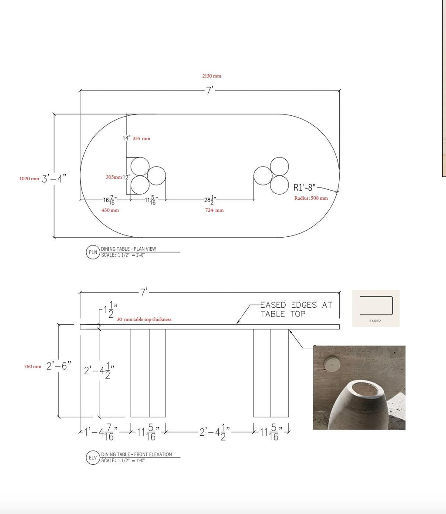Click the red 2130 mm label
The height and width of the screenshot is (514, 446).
point(212,76)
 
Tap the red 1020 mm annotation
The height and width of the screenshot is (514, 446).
point(29,178)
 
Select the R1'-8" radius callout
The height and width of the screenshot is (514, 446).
point(304,188)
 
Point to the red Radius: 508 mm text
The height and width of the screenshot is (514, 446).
point(311,198)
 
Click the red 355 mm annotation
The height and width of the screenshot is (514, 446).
point(142,139)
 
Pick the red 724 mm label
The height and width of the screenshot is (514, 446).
point(214,210)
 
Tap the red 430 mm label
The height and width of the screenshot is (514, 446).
point(110,210)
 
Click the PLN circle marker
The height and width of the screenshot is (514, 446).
point(93,252)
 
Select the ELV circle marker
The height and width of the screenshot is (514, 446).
point(93,457)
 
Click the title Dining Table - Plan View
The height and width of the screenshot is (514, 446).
point(128,249)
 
